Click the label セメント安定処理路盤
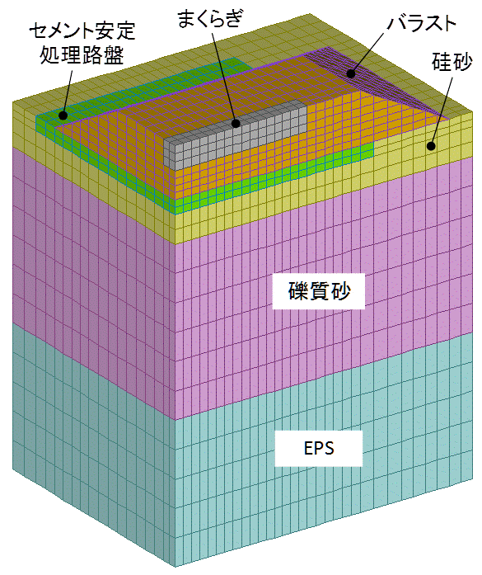click(82, 43)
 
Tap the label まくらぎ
click(209, 18)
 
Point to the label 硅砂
click(452, 61)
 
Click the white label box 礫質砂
click(318, 291)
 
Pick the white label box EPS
click(319, 448)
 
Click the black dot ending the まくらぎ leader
click(236, 123)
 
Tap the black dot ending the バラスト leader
click(351, 73)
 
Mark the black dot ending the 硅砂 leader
click(432, 146)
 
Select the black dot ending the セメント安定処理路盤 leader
click(63, 115)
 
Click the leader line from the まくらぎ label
click(224, 76)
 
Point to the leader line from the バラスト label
click(368, 53)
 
